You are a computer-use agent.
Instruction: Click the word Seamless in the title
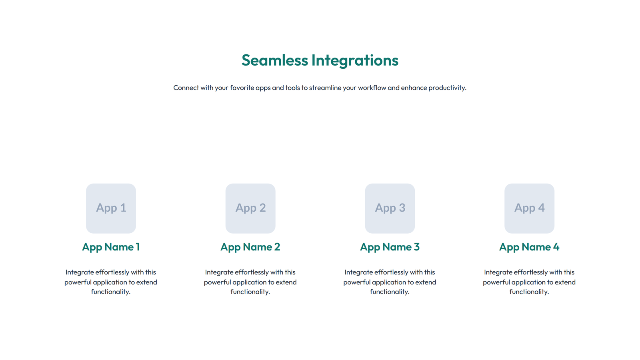275,60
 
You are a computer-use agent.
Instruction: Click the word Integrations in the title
355,60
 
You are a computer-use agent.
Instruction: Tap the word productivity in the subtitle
447,88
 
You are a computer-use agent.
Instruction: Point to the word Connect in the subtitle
186,88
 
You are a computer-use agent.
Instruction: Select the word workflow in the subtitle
372,88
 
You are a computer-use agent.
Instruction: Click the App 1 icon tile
111,208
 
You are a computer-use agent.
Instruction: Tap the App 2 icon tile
250,208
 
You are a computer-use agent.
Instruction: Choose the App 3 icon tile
390,208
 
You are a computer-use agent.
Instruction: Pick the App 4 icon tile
529,208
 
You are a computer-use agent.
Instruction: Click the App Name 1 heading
111,247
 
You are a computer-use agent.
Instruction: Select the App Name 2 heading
250,247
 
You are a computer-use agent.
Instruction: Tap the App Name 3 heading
390,247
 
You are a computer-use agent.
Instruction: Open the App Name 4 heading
529,247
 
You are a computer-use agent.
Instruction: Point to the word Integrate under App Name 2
219,272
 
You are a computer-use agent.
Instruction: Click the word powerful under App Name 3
356,282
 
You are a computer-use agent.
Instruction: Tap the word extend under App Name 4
565,282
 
